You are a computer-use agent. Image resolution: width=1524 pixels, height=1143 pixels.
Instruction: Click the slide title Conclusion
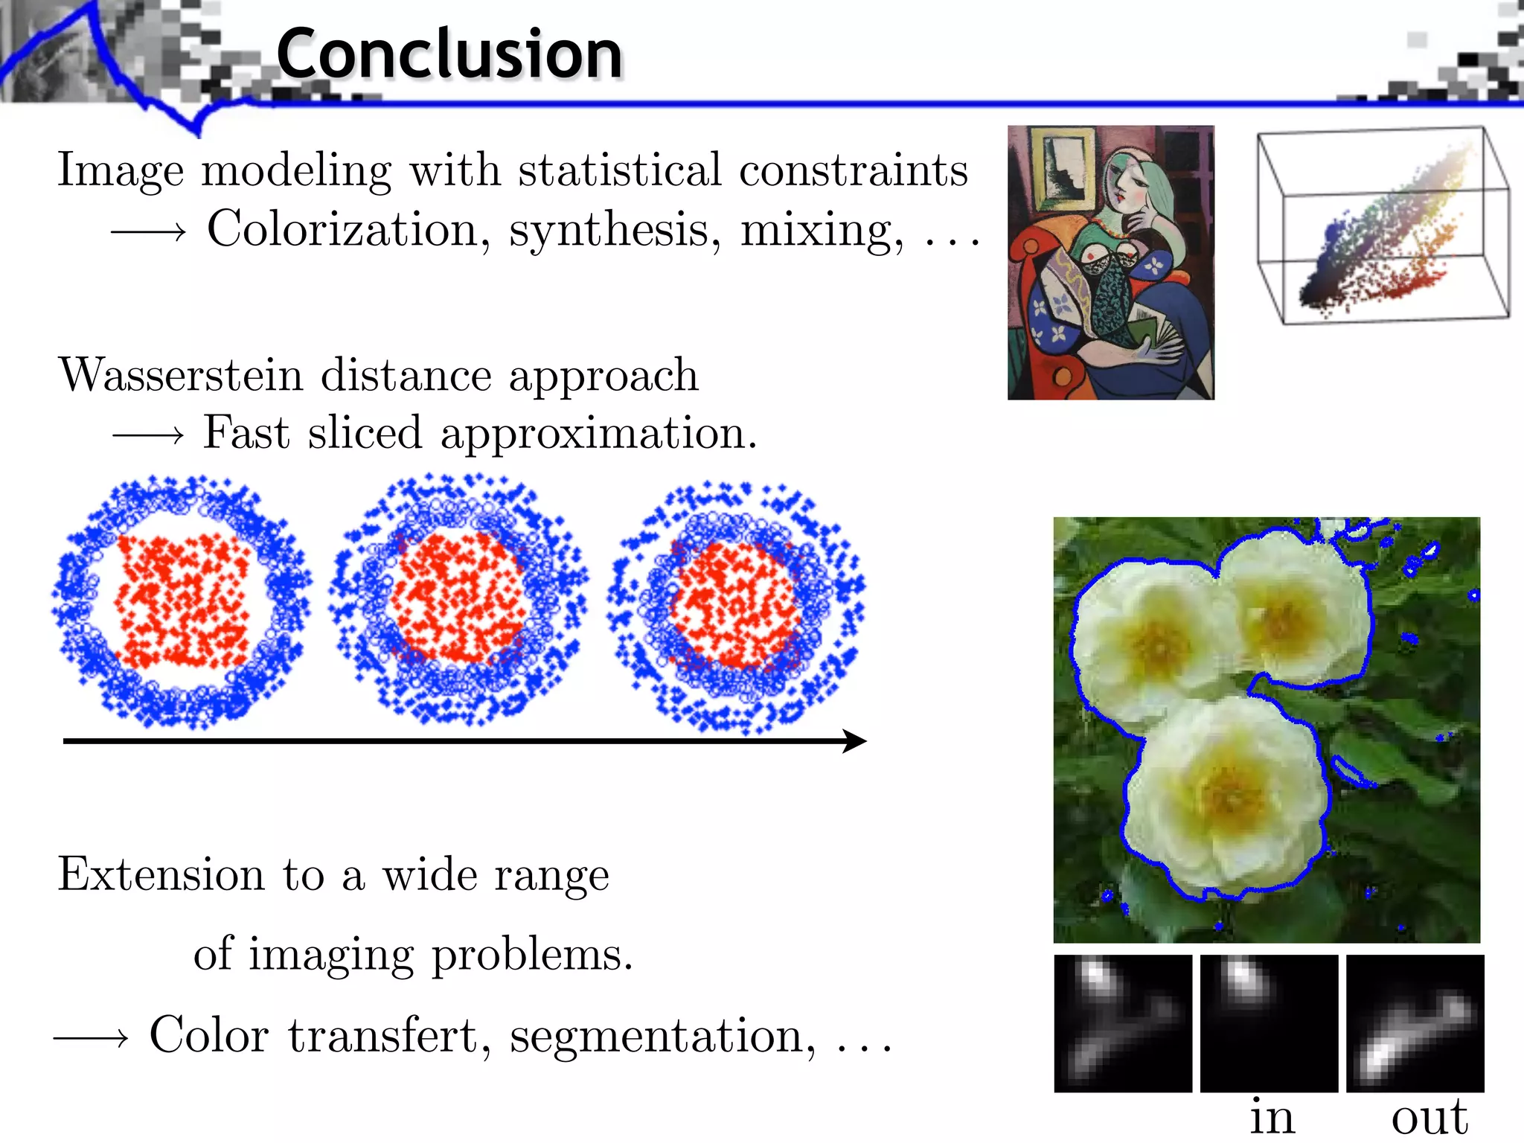449,54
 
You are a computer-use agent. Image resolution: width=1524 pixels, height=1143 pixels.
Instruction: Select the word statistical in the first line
620,170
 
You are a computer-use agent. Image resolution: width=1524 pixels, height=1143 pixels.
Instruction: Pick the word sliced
365,433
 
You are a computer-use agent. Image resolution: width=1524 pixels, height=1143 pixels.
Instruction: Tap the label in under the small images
1271,1116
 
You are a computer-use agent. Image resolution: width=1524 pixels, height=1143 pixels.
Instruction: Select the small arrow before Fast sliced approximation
147,435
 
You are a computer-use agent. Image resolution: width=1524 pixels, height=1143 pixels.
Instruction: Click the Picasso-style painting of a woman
1110,262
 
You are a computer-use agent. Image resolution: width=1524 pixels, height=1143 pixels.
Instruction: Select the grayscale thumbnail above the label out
1415,1023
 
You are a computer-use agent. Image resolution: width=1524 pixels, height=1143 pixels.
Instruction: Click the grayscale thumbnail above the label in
1269,1023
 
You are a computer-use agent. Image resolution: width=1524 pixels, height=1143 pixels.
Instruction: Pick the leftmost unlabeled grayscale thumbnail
1123,1023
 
